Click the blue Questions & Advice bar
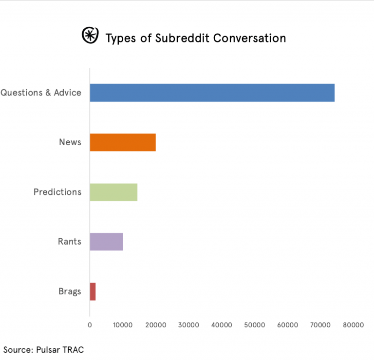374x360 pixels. pyautogui.click(x=212, y=93)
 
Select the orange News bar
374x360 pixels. pyautogui.click(x=123, y=142)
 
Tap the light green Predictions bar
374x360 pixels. pyautogui.click(x=113, y=192)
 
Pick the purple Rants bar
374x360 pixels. pyautogui.click(x=106, y=242)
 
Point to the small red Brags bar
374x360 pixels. pyautogui.click(x=93, y=292)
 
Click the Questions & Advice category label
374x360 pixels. pyautogui.click(x=41, y=93)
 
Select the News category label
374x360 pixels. pyautogui.click(x=70, y=142)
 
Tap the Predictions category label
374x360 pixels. pyautogui.click(x=57, y=192)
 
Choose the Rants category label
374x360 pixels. pyautogui.click(x=70, y=242)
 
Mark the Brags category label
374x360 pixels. pyautogui.click(x=70, y=292)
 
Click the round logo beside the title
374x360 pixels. pyautogui.click(x=89, y=35)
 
